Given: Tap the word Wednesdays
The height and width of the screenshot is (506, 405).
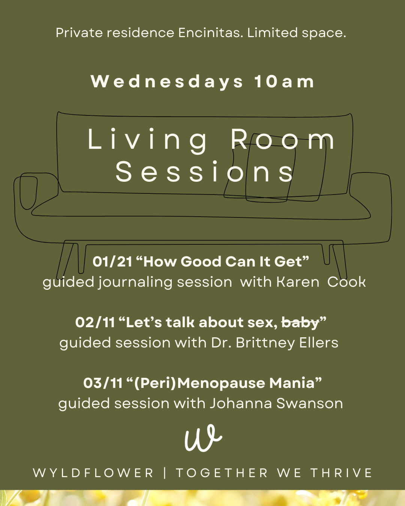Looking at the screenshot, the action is [x=167, y=82].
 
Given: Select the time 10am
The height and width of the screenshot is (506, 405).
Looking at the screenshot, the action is [x=284, y=82].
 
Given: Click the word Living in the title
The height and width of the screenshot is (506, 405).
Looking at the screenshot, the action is [x=147, y=139].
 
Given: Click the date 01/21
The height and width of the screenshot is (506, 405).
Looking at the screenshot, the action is [x=112, y=262].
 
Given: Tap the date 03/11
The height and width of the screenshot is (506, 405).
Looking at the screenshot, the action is [x=103, y=383].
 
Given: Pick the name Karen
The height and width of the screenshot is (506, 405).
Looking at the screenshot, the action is [x=298, y=282].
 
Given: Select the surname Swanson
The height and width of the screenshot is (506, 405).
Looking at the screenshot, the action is [x=309, y=403].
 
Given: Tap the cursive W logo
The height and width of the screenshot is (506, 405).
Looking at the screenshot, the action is [x=203, y=439].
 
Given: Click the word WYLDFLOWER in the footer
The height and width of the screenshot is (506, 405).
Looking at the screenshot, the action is [x=93, y=473].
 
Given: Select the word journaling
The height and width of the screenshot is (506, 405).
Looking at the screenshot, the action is [x=135, y=282].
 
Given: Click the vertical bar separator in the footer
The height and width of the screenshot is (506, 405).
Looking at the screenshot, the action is [x=165, y=473].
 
